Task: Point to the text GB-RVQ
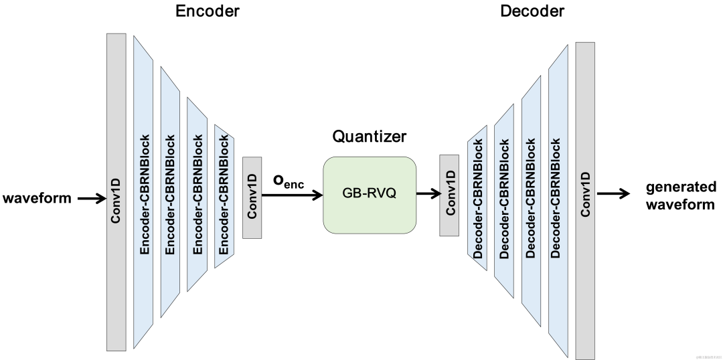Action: click(370, 195)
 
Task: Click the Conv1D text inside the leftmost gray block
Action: click(116, 200)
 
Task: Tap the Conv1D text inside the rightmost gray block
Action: click(585, 194)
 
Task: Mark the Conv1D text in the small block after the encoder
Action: click(252, 195)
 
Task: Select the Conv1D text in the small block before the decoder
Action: click(449, 193)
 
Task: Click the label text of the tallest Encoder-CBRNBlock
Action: click(144, 195)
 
